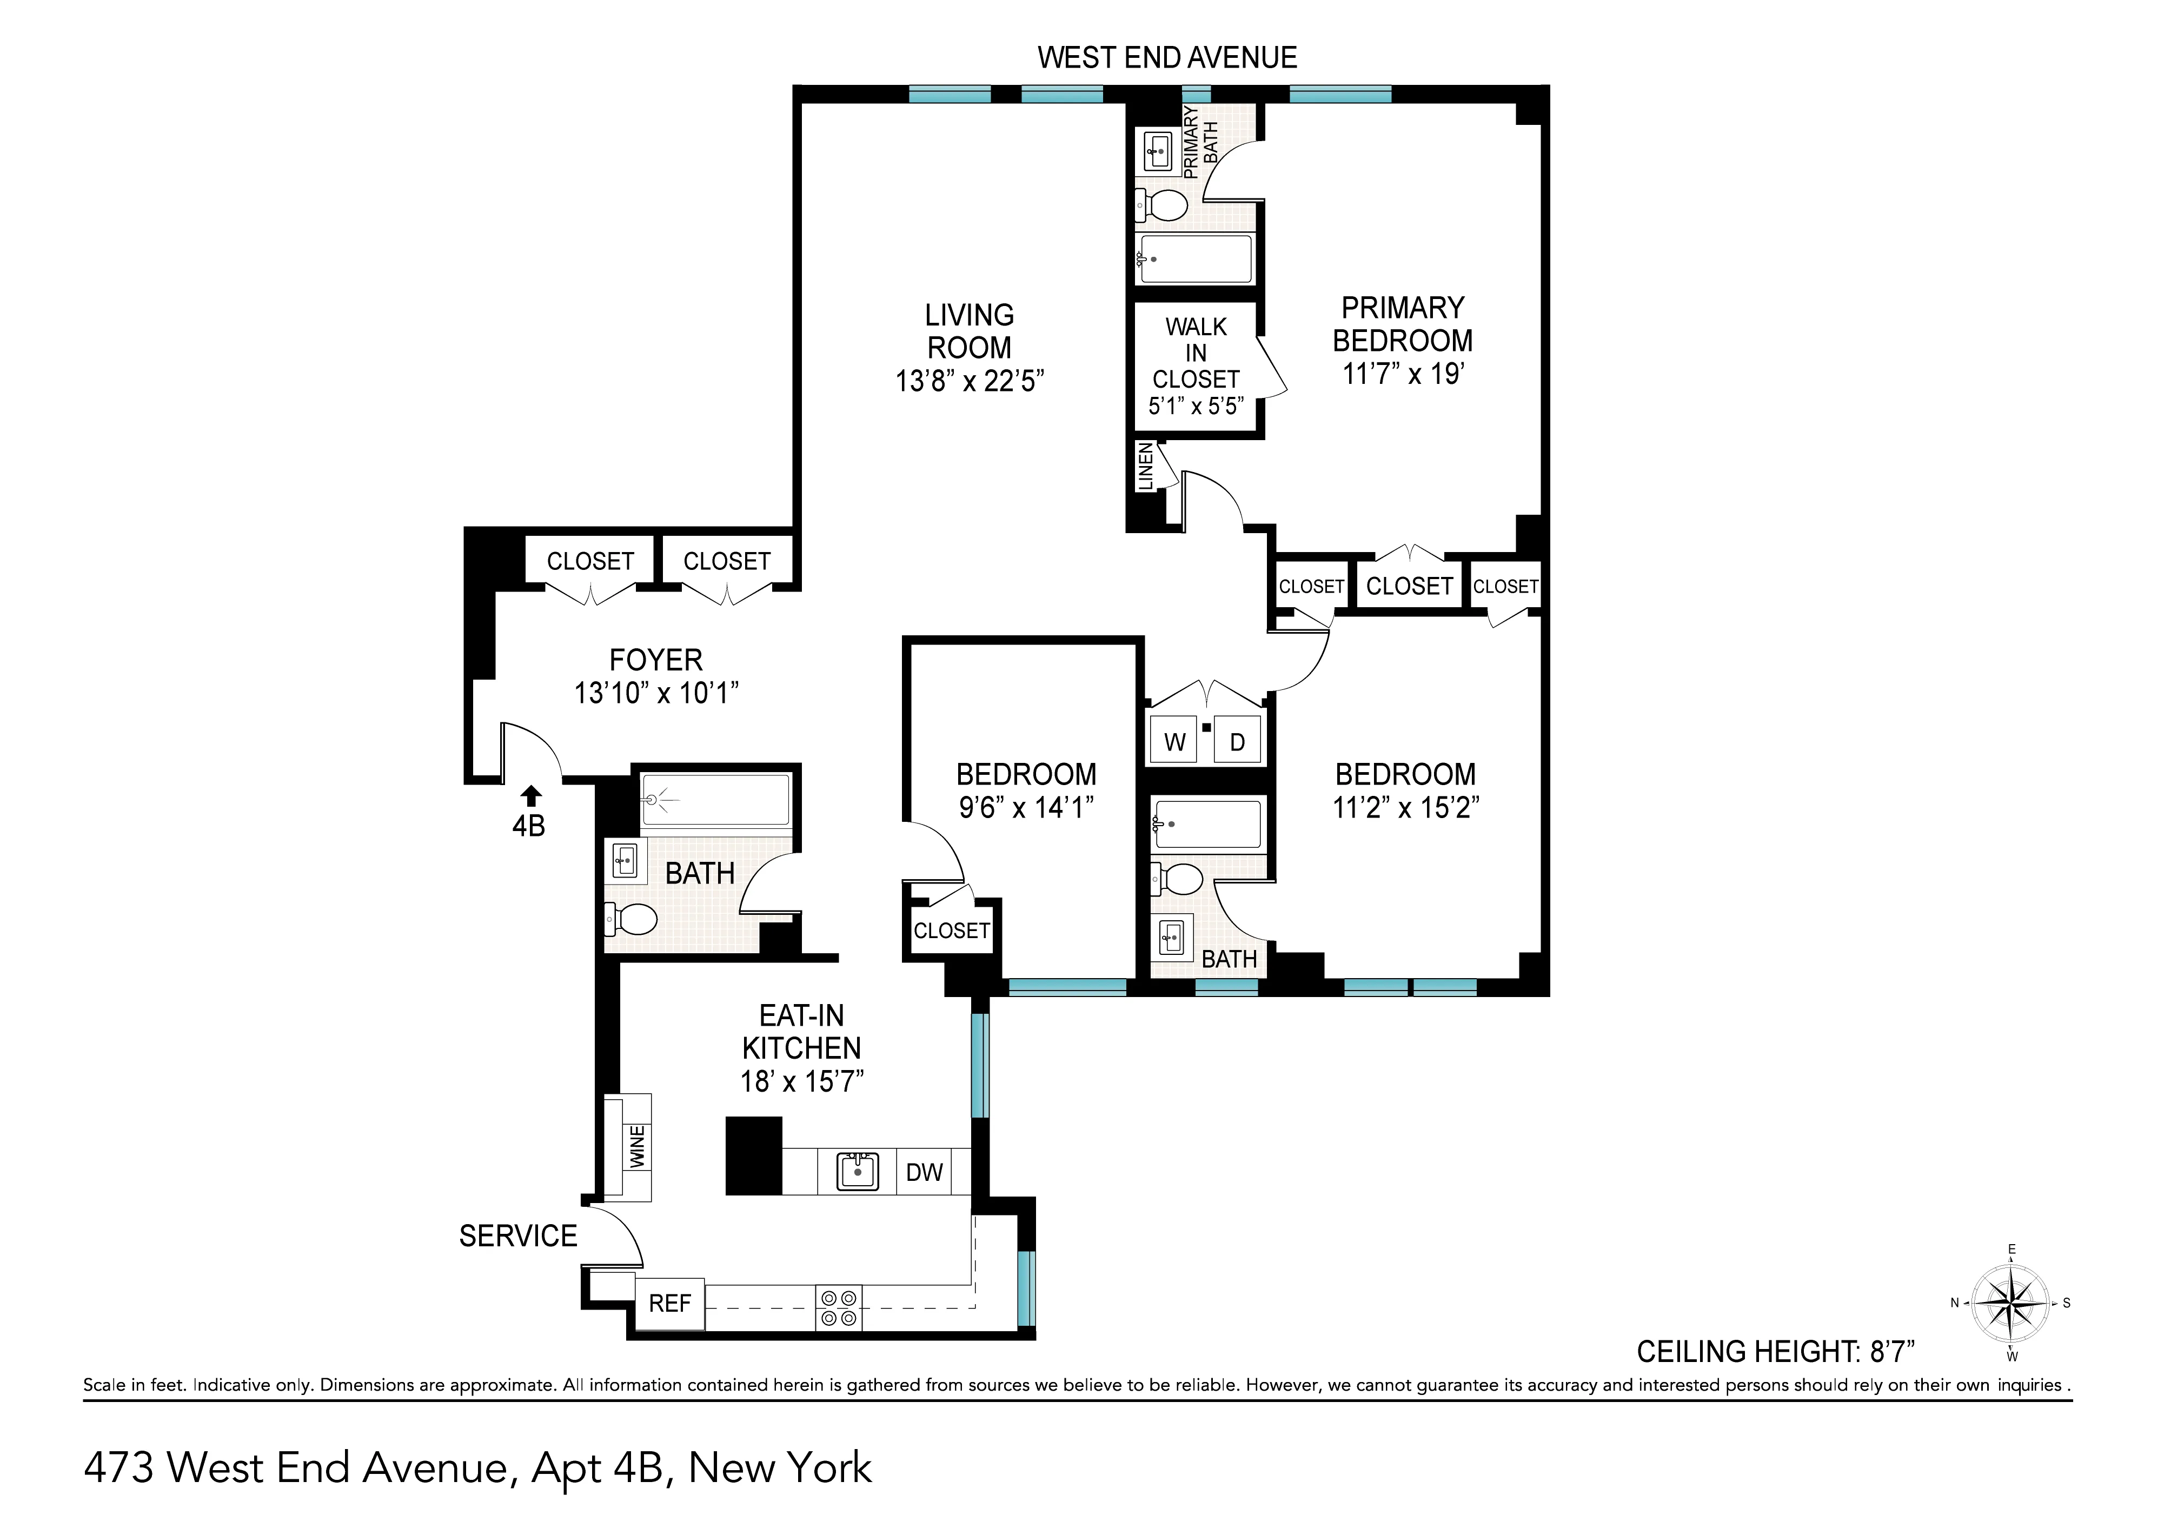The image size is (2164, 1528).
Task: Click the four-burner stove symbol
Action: [x=838, y=1307]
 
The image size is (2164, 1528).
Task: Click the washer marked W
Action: [x=1174, y=742]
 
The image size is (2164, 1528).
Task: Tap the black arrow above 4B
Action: [x=530, y=796]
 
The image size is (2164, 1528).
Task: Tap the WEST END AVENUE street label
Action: [x=1167, y=57]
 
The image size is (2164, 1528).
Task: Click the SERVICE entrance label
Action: [x=517, y=1236]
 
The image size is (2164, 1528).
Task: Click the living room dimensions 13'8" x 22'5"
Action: [x=969, y=381]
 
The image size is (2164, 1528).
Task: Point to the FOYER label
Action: [x=656, y=660]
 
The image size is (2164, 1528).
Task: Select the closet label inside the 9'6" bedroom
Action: [x=951, y=931]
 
